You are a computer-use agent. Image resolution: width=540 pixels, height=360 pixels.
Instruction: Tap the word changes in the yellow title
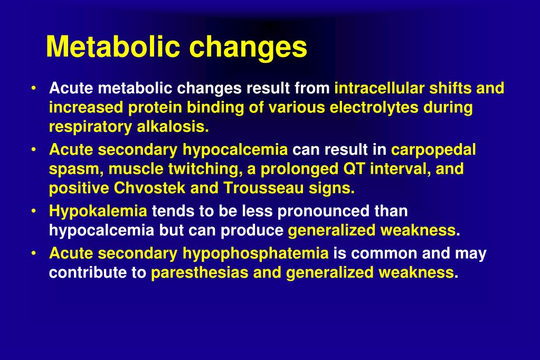(x=248, y=48)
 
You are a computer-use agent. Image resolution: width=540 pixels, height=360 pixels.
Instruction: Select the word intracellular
(x=380, y=88)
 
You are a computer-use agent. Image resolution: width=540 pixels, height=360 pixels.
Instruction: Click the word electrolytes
(x=374, y=108)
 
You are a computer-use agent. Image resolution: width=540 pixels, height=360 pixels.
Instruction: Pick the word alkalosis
(x=173, y=127)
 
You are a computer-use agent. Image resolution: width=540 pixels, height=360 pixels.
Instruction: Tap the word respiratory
(x=91, y=127)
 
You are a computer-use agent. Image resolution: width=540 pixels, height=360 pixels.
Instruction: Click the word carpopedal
(x=433, y=150)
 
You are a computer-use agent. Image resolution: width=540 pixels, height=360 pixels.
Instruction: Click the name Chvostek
(x=149, y=188)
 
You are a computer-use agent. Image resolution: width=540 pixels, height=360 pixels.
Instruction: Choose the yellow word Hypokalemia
(x=98, y=211)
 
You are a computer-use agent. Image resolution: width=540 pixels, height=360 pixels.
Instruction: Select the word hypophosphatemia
(x=255, y=253)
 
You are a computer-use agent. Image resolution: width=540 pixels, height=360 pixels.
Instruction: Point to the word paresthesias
(x=200, y=273)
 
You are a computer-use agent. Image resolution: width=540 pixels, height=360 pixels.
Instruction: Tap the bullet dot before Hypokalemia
(x=33, y=211)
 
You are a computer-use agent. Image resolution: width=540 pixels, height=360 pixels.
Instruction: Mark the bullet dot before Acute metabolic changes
(x=33, y=88)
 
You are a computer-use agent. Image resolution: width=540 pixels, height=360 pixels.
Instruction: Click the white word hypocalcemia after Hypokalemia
(x=101, y=231)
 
